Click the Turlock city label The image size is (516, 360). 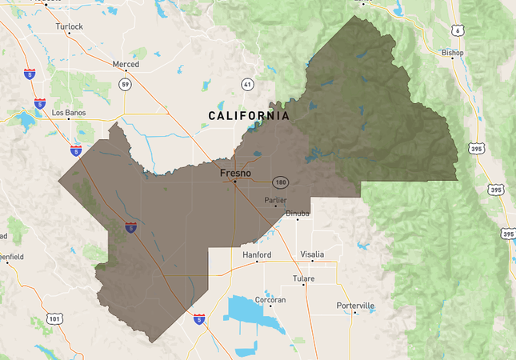(x=69, y=26)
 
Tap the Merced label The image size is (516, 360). (x=126, y=64)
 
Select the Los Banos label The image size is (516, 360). (x=68, y=113)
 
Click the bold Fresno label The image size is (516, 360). (x=235, y=171)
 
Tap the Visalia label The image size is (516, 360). (x=312, y=254)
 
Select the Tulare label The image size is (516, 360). (x=303, y=278)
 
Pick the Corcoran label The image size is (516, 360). (x=270, y=299)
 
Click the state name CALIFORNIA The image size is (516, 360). (x=249, y=116)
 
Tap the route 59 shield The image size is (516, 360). (x=126, y=83)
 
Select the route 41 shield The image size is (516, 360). (x=247, y=83)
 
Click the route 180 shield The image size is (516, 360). (x=280, y=182)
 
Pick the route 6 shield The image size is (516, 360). (x=456, y=30)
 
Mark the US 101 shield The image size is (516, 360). (x=54, y=319)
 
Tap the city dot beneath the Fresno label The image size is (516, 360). (x=234, y=182)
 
